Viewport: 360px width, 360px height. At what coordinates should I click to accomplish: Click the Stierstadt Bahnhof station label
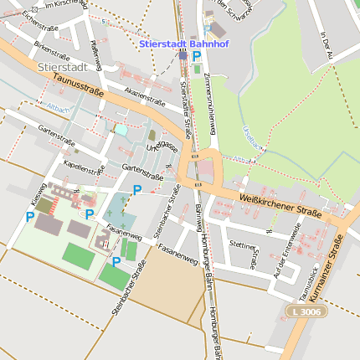177,42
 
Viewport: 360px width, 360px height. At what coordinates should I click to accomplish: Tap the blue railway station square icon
183,55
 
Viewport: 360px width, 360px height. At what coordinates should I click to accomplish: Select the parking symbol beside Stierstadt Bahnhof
197,56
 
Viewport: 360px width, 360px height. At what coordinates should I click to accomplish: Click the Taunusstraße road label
76,85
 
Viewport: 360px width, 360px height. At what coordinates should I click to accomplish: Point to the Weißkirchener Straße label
280,204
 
